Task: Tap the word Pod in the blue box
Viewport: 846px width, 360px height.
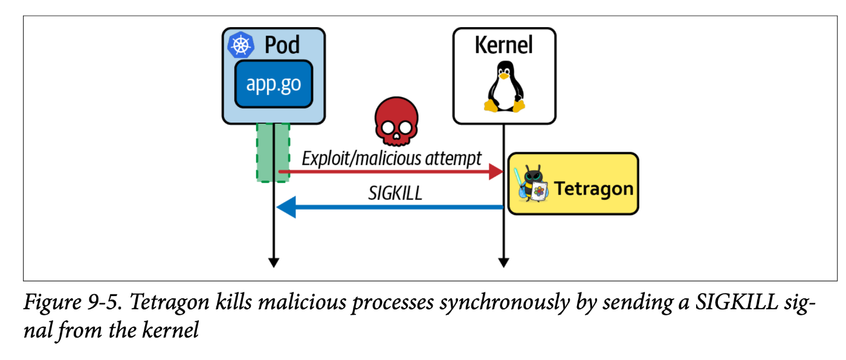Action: (x=282, y=45)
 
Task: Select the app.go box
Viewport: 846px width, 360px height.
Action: (x=273, y=84)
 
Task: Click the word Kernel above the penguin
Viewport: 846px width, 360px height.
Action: (x=503, y=45)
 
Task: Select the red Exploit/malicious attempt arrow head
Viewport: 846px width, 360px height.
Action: (x=497, y=172)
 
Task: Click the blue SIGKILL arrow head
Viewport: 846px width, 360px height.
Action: (x=285, y=208)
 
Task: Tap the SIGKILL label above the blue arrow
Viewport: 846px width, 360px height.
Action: (x=395, y=193)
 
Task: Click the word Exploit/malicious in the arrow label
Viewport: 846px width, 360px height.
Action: (x=360, y=159)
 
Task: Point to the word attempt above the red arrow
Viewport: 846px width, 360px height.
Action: (x=453, y=159)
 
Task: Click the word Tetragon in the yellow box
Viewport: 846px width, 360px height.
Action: (x=593, y=188)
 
